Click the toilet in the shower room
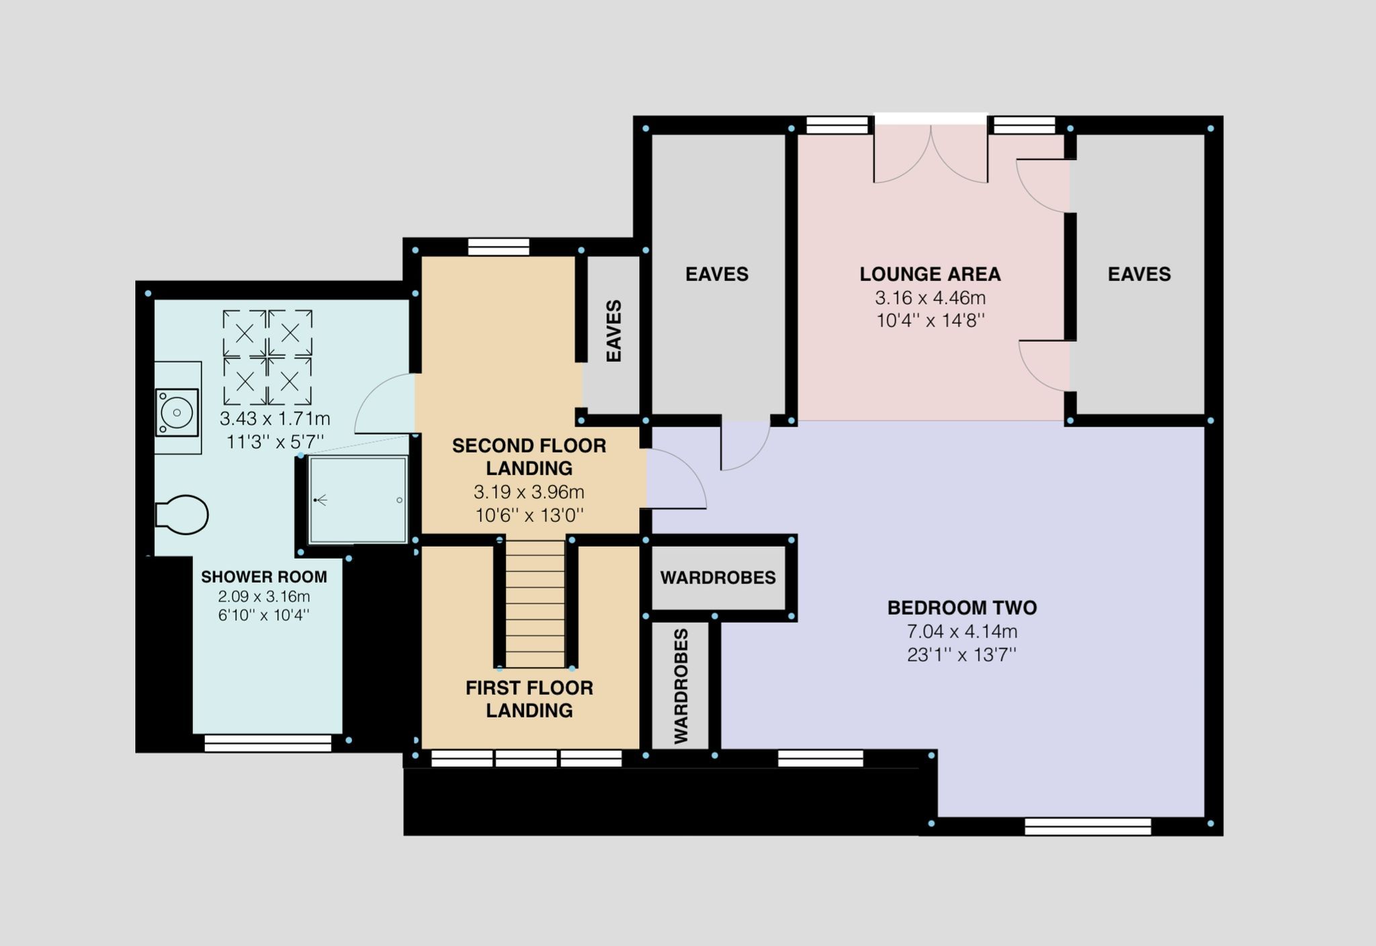point(181,515)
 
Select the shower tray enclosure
point(358,500)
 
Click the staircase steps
point(535,604)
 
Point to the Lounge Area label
point(930,274)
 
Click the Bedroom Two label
point(962,608)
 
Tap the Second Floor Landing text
point(529,457)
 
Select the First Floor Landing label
point(529,699)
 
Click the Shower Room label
point(264,576)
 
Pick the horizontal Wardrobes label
point(718,578)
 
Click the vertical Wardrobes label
point(681,686)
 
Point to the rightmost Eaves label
point(1139,274)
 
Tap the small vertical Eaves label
point(613,331)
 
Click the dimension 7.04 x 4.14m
point(962,632)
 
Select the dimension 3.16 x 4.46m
point(930,298)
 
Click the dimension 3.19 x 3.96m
point(529,492)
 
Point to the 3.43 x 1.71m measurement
point(275,419)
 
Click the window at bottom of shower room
point(268,743)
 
